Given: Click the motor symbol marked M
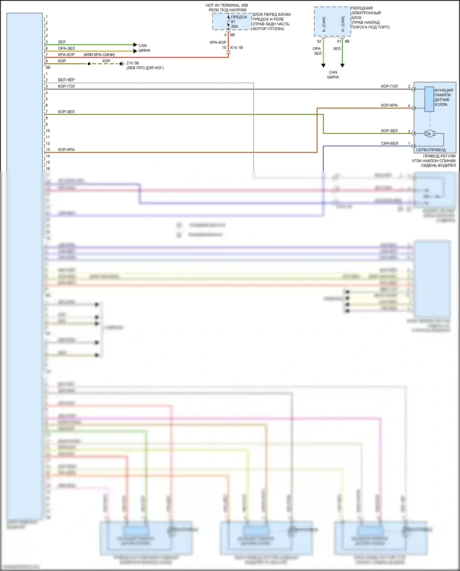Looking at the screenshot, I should (429, 133).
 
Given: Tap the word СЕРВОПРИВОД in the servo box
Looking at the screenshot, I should (431, 150).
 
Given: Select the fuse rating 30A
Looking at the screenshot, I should (235, 27).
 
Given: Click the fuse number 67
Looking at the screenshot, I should (233, 22).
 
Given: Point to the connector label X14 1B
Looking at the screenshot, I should (236, 48).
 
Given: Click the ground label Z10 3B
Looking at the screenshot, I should (132, 63).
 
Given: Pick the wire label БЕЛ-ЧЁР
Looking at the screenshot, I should (66, 80).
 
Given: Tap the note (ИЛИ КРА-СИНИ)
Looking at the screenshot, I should (99, 55).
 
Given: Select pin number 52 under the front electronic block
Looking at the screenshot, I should (319, 41).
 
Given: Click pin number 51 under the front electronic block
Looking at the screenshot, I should (339, 41).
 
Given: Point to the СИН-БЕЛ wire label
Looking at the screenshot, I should (389, 143).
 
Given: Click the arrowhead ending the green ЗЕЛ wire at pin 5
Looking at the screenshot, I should (135, 45).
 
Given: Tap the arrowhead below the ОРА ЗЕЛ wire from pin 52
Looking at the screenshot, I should (323, 65).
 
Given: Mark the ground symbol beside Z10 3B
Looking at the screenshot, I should (122, 64).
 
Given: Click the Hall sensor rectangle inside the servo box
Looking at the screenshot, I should (429, 99).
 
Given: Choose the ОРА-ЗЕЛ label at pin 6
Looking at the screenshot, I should (66, 48).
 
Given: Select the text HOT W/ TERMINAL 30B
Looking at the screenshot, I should (227, 5).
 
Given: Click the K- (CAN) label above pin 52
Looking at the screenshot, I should (324, 24).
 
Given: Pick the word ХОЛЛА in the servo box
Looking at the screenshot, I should (441, 105).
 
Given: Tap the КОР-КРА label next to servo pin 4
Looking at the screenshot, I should (389, 105).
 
